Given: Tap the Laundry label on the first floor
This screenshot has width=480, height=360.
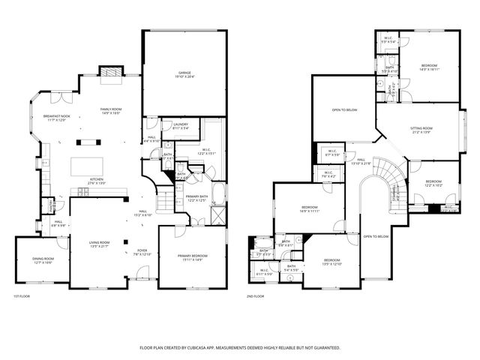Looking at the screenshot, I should pyautogui.click(x=180, y=126).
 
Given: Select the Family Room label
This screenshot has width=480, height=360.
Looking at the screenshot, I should pyautogui.click(x=111, y=112).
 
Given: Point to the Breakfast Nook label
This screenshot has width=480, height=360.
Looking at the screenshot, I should pyautogui.click(x=57, y=118).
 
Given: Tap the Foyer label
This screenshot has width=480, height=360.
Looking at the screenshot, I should pyautogui.click(x=142, y=252).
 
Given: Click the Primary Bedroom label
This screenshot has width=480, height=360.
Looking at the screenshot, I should pyautogui.click(x=192, y=257).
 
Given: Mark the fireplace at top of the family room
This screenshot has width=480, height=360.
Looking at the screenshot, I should pyautogui.click(x=111, y=73).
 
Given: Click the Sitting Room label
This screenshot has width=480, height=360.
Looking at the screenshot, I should pyautogui.click(x=421, y=130).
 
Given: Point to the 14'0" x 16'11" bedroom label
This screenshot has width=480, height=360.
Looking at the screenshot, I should pyautogui.click(x=430, y=67).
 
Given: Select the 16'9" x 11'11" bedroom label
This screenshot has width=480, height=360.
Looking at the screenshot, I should pyautogui.click(x=310, y=208).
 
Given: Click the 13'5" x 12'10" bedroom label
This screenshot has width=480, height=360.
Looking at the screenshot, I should pyautogui.click(x=331, y=262).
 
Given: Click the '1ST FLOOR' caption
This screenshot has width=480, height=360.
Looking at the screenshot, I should pyautogui.click(x=22, y=296).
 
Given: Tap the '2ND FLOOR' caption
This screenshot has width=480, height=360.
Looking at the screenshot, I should pyautogui.click(x=256, y=296).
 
